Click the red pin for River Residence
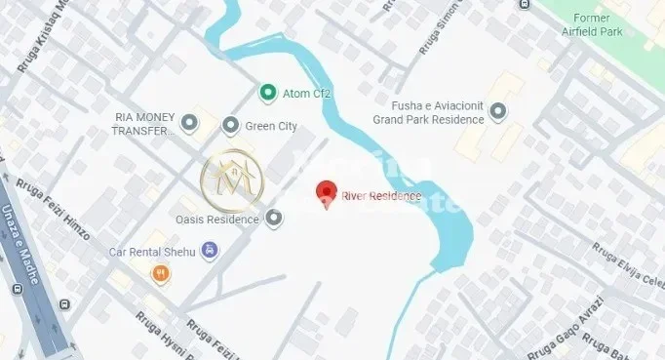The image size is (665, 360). tap(327, 192)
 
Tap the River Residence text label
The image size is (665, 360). tap(381, 196)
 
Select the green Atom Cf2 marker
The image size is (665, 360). tap(266, 93)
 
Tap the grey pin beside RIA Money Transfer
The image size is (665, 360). tap(190, 123)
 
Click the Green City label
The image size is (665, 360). tap(271, 127)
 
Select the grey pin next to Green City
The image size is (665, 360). tap(231, 126)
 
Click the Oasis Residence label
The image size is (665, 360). tap(216, 220)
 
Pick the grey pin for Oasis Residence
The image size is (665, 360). tap(274, 219)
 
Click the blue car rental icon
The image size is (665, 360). tap(212, 252)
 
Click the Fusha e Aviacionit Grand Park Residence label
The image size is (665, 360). tap(428, 113)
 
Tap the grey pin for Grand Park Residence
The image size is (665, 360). tap(498, 113)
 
